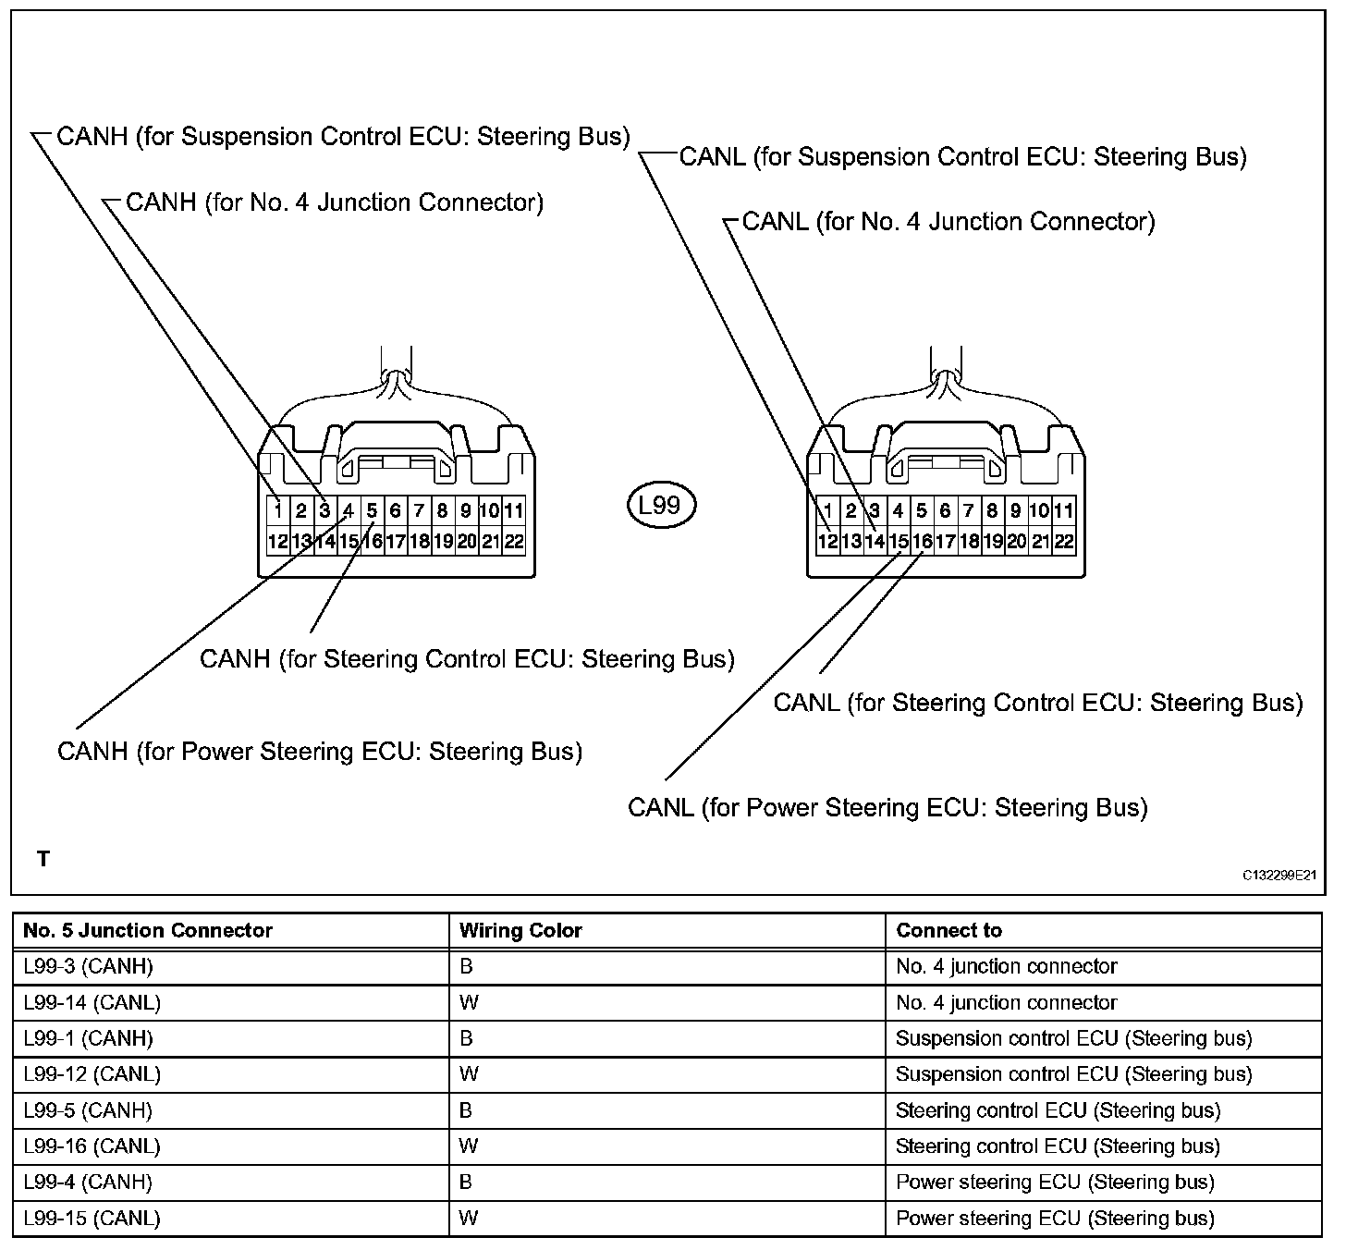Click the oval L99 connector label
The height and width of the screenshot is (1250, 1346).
coord(660,505)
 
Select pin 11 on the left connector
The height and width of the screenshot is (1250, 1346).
coord(514,510)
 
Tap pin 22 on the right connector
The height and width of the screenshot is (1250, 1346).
coord(1064,542)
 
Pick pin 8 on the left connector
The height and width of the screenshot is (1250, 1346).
coord(443,510)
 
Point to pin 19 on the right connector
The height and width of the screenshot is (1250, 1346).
coord(993,542)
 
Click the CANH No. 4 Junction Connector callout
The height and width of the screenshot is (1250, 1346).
coord(334,202)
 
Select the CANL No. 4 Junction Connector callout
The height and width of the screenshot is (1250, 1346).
coord(948,222)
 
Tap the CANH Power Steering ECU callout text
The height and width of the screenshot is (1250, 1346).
coord(320,751)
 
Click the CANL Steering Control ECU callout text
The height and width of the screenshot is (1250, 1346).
coord(1038,703)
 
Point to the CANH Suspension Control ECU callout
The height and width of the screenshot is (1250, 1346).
coord(343,137)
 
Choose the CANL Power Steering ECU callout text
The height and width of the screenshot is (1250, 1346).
coord(887,807)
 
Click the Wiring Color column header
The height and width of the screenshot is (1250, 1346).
coord(520,930)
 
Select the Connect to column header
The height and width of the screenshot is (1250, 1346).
coord(948,930)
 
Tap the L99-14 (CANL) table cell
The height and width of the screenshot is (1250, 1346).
coord(92,1002)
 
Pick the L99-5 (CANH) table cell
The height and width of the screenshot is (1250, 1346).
coord(89,1110)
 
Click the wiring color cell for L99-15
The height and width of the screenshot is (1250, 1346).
coord(469,1218)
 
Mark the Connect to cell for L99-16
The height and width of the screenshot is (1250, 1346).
coord(1058,1146)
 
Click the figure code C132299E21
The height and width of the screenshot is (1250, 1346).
coord(1279,874)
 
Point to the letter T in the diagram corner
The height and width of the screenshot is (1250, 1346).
coord(43,859)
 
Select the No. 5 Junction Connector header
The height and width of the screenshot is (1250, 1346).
coord(148,930)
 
